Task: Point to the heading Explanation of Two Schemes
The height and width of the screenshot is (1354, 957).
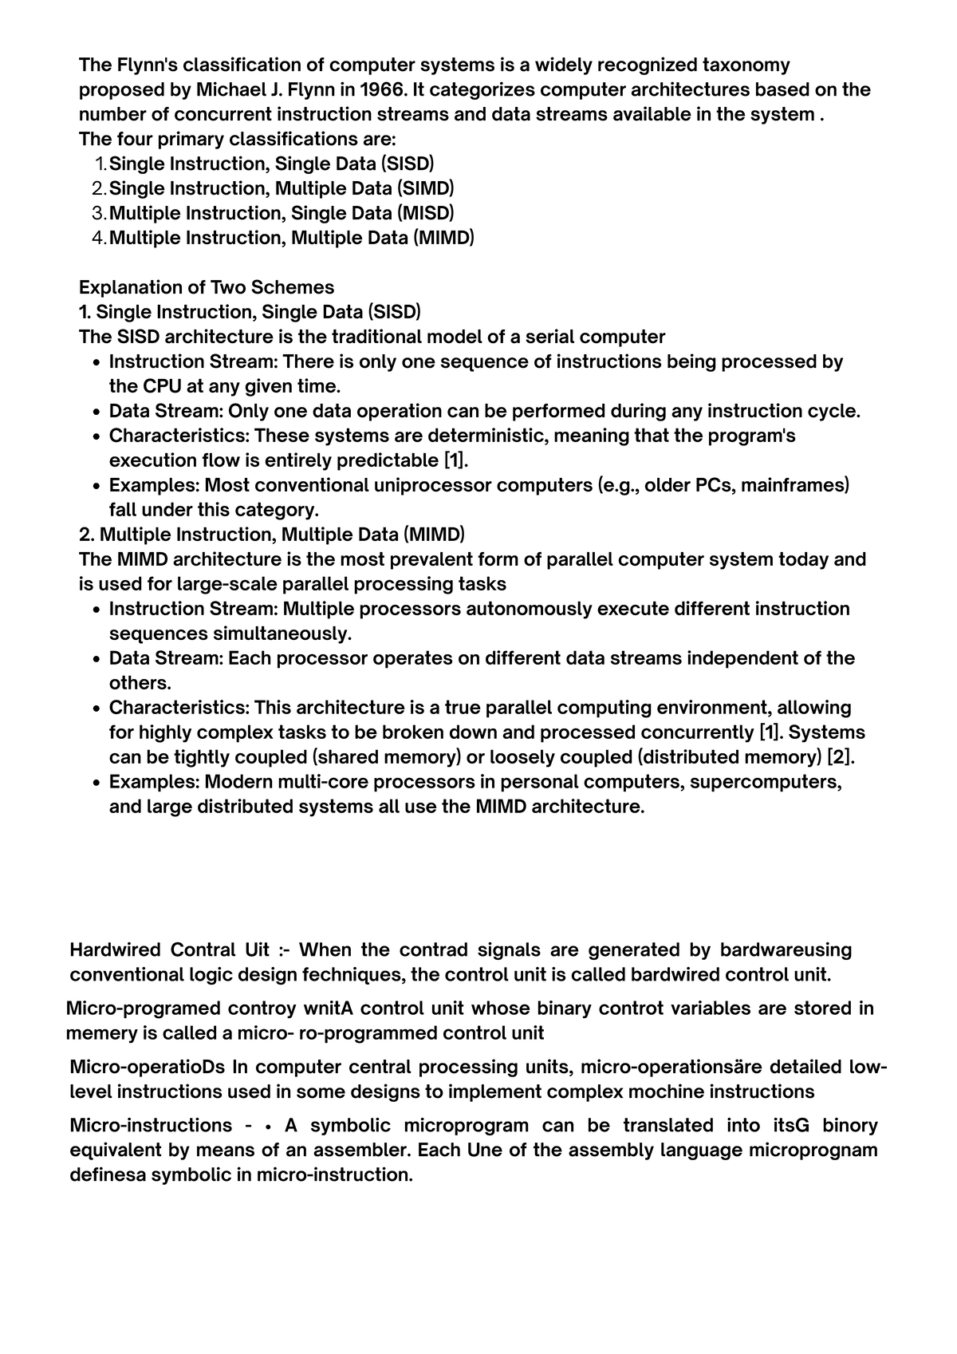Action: click(x=207, y=287)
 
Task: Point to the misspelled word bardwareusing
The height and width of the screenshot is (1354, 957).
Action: click(x=786, y=949)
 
